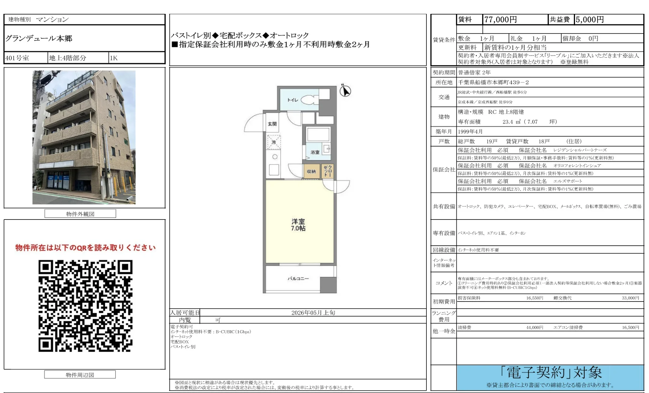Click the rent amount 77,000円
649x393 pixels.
pyautogui.click(x=500, y=20)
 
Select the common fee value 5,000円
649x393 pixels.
pyautogui.click(x=589, y=20)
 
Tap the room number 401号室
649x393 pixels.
pyautogui.click(x=17, y=58)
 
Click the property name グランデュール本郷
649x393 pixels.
pyautogui.click(x=39, y=38)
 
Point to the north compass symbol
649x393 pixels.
pyautogui.click(x=345, y=91)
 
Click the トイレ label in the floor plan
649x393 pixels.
pyautogui.click(x=293, y=100)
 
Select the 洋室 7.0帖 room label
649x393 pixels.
pyautogui.click(x=298, y=225)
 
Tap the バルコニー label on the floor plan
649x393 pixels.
pyautogui.click(x=298, y=279)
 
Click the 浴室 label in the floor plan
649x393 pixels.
pyautogui.click(x=315, y=152)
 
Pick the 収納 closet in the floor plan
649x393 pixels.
pyautogui.click(x=311, y=171)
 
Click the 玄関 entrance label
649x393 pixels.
pyautogui.click(x=272, y=124)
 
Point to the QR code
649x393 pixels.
pyautogui.click(x=86, y=306)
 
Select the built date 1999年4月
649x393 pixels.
pyautogui.click(x=470, y=132)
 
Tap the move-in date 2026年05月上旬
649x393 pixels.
pyautogui.click(x=313, y=313)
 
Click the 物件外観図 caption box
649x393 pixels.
pyautogui.click(x=80, y=214)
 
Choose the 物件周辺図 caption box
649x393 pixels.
pyautogui.click(x=80, y=375)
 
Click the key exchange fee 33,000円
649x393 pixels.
pyautogui.click(x=630, y=298)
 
